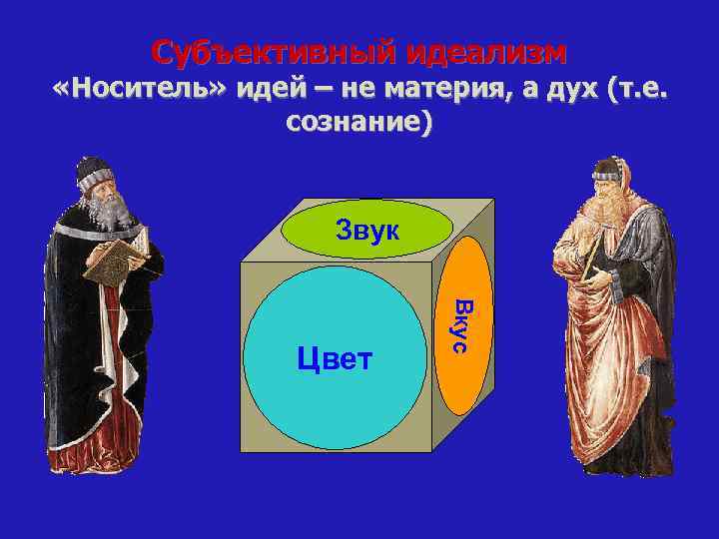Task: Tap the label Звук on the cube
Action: pos(366,233)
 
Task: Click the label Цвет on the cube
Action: pos(335,358)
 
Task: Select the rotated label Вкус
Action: pos(461,323)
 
